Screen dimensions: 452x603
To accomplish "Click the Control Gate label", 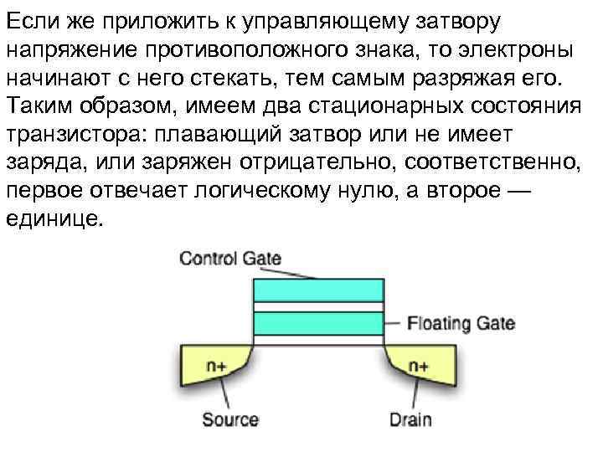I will pos(230,258).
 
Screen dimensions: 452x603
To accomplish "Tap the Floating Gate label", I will pos(460,323).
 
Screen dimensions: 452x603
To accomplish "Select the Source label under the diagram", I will pos(230,419).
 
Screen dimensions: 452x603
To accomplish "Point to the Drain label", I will pos(410,419).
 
